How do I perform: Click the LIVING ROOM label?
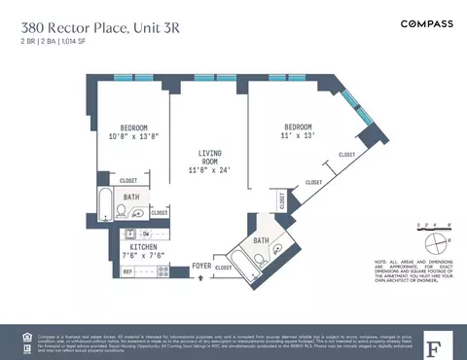click(209, 161)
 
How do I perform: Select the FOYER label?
click(201, 265)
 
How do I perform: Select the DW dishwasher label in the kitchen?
click(144, 234)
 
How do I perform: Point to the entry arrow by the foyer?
click(201, 277)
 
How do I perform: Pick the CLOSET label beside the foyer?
click(224, 267)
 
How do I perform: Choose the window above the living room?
click(206, 77)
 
